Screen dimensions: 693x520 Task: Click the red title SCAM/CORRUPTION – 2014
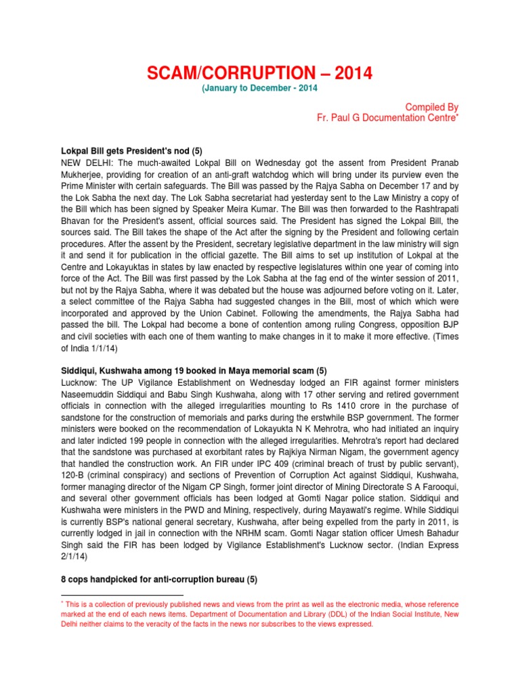tap(260, 73)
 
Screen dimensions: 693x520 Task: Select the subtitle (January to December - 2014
tap(259, 88)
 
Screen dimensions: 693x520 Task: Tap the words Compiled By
tap(431, 107)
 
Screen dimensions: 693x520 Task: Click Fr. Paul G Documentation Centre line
tap(387, 118)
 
